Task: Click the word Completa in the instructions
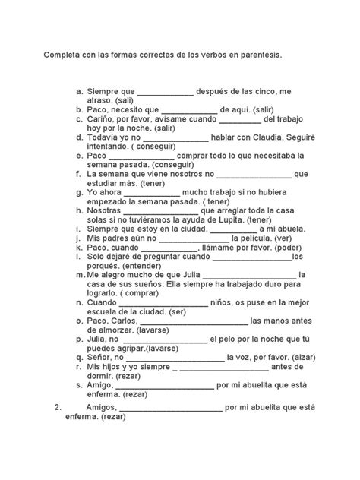[x=63, y=56]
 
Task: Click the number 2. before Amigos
[x=62, y=407]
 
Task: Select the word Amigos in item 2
[x=100, y=407]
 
